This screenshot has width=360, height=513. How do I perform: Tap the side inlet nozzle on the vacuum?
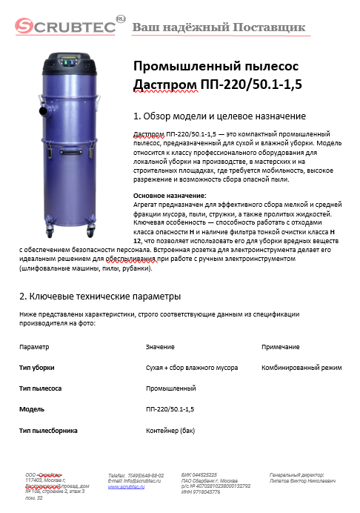pyautogui.click(x=37, y=115)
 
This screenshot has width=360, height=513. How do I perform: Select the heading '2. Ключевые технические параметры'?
pyautogui.click(x=100, y=296)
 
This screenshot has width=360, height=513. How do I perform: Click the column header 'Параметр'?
pyautogui.click(x=34, y=346)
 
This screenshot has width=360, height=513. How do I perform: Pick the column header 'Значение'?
pyautogui.click(x=160, y=346)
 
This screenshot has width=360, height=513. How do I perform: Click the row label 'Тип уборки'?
pyautogui.click(x=36, y=367)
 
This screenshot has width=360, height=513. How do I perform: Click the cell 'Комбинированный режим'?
pyautogui.click(x=301, y=367)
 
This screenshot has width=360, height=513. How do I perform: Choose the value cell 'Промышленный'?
pyautogui.click(x=170, y=388)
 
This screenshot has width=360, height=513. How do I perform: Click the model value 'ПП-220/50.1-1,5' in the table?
pyautogui.click(x=170, y=408)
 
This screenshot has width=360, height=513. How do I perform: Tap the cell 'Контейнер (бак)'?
pyautogui.click(x=170, y=429)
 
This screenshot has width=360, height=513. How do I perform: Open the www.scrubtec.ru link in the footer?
pyautogui.click(x=127, y=486)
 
